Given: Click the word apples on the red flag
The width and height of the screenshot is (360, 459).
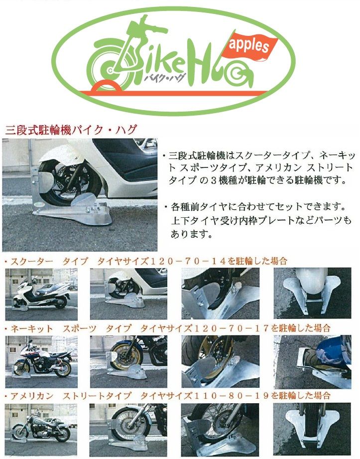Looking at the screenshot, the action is pos(248,45).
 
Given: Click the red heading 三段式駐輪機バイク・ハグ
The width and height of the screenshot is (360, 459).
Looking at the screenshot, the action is pos(71,129).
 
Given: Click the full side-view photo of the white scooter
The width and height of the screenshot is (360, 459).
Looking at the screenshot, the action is pos(41,294).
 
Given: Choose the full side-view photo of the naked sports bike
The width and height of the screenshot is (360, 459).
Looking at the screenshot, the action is pos(41,361).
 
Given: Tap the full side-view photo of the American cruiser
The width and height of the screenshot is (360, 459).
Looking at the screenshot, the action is pos(41,430).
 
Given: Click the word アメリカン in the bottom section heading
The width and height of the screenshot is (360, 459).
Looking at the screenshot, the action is pos(32,396).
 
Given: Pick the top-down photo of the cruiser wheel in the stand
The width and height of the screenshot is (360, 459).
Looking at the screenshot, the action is pos(312,429).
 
